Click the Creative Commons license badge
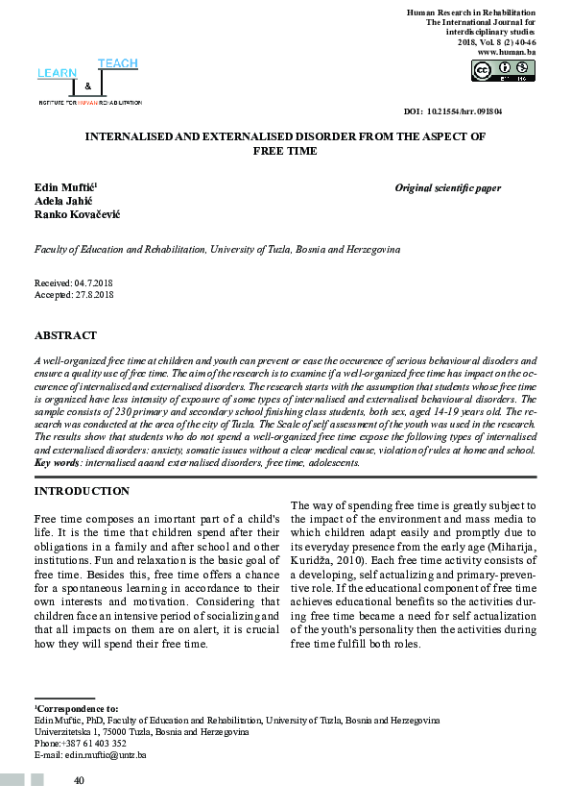coord(502,70)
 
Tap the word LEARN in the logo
coord(56,73)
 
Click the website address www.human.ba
coord(506,51)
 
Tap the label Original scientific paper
coord(447,188)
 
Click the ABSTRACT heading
coord(65,335)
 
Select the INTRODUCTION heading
coord(82,491)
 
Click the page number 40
coord(80,781)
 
